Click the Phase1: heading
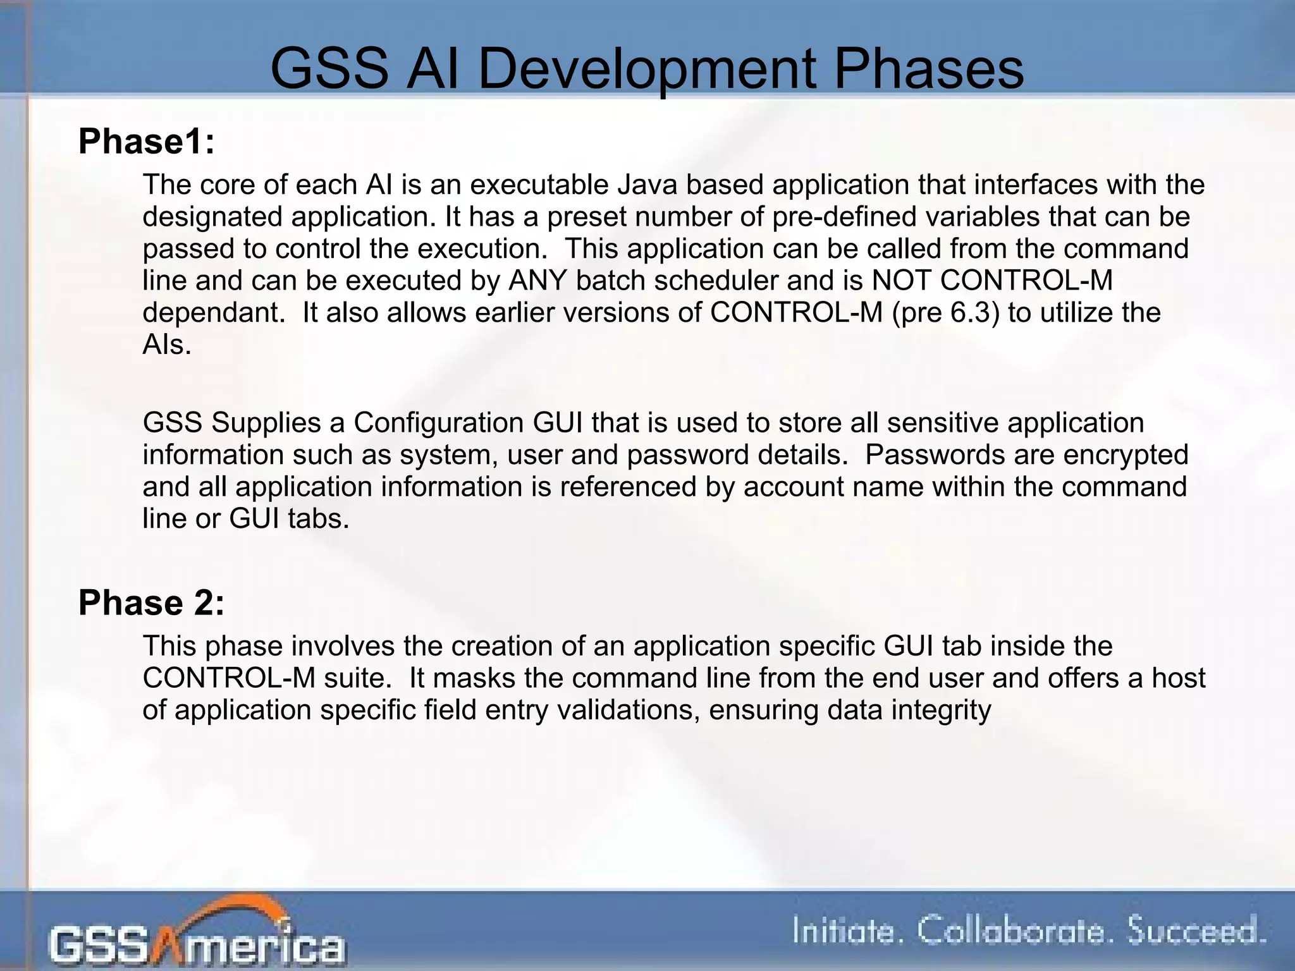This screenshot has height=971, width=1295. tap(146, 141)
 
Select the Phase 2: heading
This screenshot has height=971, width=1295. tap(151, 602)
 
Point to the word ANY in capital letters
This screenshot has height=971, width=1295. tap(537, 280)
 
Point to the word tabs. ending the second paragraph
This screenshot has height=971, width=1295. tap(318, 519)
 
